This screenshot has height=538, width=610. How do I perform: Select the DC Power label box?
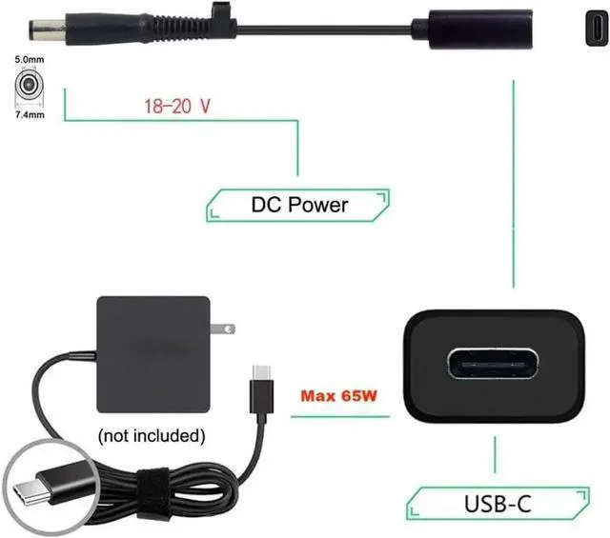click(x=298, y=204)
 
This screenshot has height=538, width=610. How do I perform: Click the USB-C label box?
click(x=498, y=502)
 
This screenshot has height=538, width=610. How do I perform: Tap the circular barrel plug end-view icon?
click(x=30, y=89)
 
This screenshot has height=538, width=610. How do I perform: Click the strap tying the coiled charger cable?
click(x=144, y=486)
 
